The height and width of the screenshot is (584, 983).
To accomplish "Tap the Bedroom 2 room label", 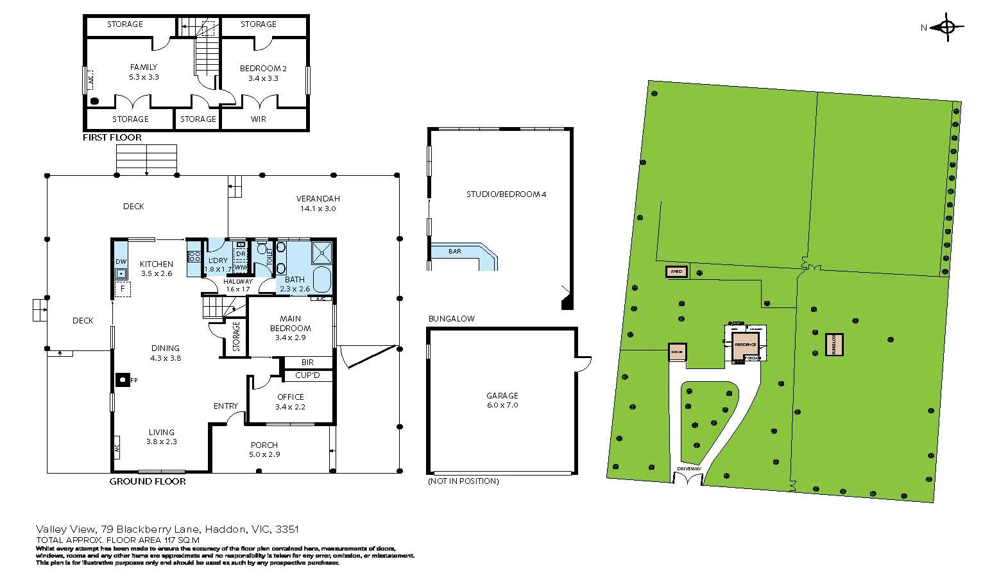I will click(x=263, y=68).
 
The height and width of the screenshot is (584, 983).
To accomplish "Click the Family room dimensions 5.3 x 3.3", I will click(x=144, y=77).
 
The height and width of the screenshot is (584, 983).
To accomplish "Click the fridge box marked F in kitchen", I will click(x=122, y=289).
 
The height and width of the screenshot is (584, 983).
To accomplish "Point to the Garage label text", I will click(x=502, y=396).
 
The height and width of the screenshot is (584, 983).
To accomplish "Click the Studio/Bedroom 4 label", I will click(x=506, y=194).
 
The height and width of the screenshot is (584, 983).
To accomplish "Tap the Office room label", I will click(x=290, y=397).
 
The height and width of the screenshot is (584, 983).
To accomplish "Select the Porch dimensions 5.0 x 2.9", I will click(x=264, y=454).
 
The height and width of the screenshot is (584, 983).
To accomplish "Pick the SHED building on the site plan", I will click(x=676, y=271).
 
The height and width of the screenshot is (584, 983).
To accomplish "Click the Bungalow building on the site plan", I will click(x=834, y=345).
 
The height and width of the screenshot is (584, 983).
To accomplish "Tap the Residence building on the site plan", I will click(x=745, y=345).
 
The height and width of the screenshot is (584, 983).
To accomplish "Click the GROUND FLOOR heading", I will click(x=148, y=481).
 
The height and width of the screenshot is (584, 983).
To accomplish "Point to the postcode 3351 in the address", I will click(x=287, y=529).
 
